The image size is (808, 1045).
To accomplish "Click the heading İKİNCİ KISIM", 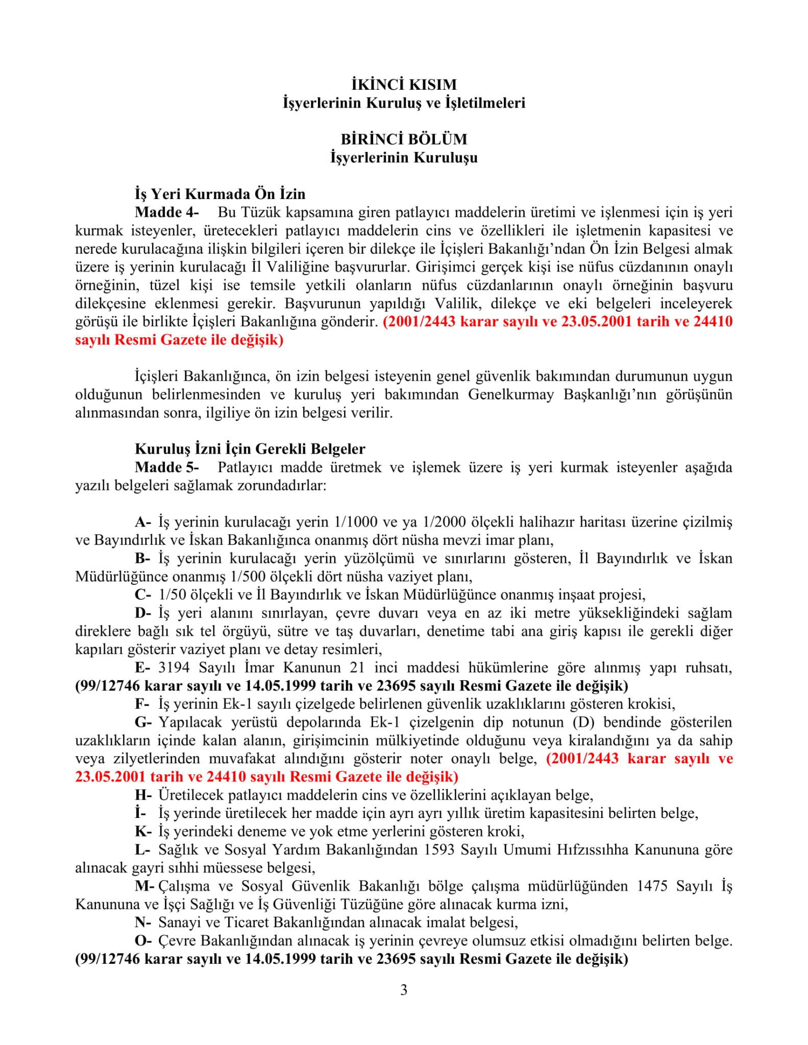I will pyautogui.click(x=404, y=84).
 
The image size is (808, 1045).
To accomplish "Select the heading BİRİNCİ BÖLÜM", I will pyautogui.click(x=404, y=139).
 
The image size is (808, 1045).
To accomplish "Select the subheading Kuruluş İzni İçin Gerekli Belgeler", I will pyautogui.click(x=250, y=449).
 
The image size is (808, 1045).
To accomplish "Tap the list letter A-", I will pyautogui.click(x=143, y=522).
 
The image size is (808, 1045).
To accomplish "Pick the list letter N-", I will pyautogui.click(x=143, y=923).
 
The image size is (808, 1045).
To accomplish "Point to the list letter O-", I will pyautogui.click(x=143, y=941).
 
